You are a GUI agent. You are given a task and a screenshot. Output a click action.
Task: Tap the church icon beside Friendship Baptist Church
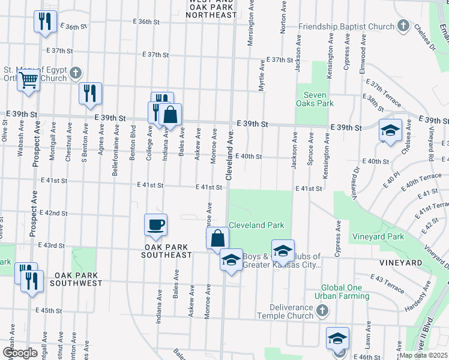pos(404,26)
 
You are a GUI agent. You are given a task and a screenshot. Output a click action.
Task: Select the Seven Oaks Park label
pos(315,99)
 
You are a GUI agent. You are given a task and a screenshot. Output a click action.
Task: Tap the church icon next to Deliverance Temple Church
pos(322,310)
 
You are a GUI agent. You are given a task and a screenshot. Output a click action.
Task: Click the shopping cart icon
pos(28,80)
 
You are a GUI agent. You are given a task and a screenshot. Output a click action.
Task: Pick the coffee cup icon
pos(155,224)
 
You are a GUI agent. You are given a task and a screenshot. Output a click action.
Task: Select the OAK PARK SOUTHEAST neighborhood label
pos(167,251)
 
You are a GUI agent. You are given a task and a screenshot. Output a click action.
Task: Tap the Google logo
pos(20,352)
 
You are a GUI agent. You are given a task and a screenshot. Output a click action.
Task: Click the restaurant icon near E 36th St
pos(44,22)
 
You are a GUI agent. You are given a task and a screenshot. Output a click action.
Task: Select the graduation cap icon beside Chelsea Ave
pos(390,130)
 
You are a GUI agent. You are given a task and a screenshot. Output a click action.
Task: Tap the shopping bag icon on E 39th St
pos(170,113)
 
